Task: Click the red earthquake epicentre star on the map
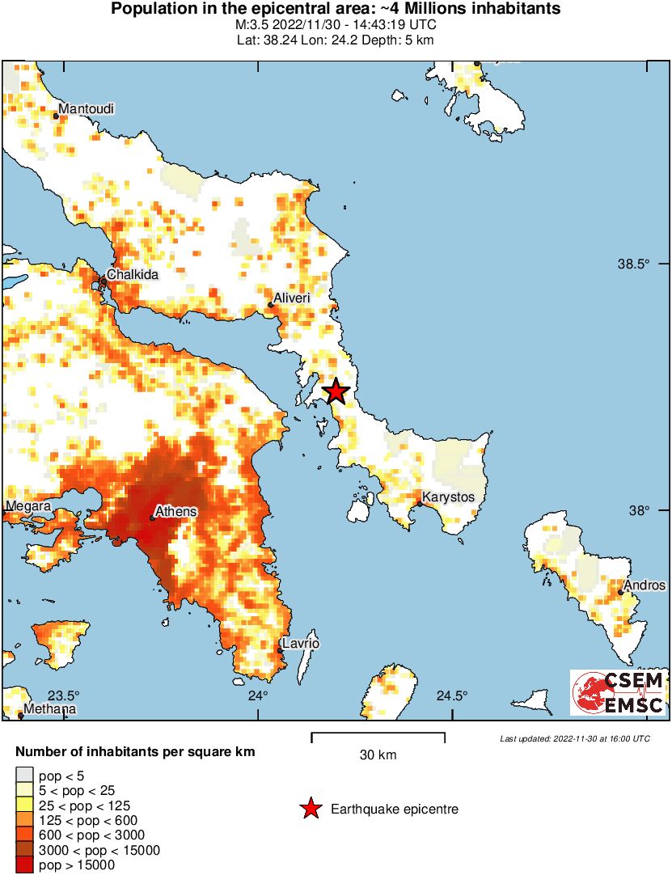click(x=336, y=392)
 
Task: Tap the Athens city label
click(x=175, y=512)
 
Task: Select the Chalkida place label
click(x=133, y=275)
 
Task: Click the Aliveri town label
click(x=292, y=298)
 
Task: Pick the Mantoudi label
click(x=87, y=109)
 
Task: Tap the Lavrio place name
click(x=302, y=644)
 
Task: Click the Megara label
click(x=28, y=506)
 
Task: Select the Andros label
click(x=645, y=585)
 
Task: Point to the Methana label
click(x=50, y=709)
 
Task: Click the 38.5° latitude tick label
click(x=634, y=264)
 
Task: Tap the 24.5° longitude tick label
click(x=452, y=696)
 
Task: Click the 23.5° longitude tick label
click(x=64, y=696)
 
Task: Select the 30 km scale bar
click(x=378, y=738)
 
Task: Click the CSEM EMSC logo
click(x=619, y=693)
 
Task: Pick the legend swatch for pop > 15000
click(x=25, y=864)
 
